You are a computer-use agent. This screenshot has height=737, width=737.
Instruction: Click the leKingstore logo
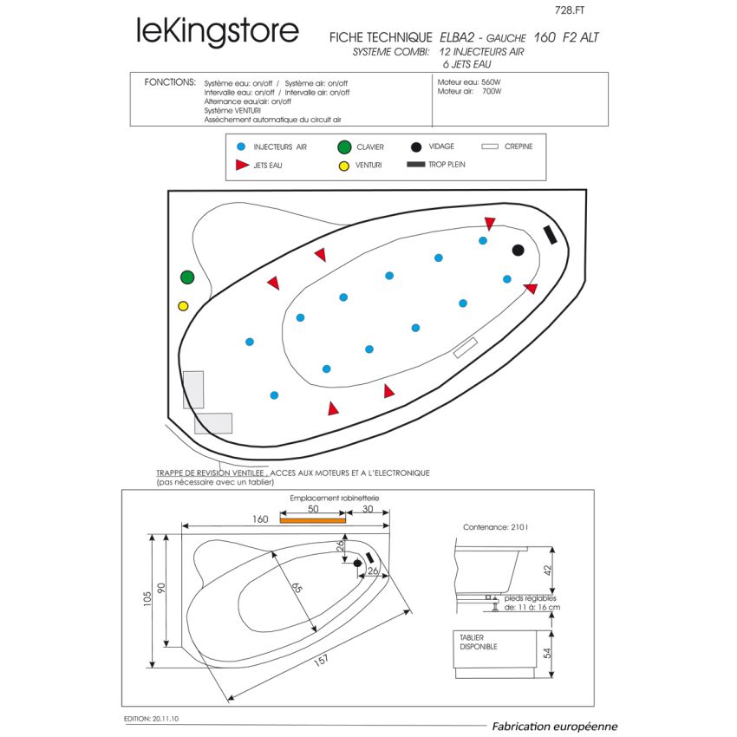coord(217,31)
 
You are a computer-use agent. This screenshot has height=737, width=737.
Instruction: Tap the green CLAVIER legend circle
coord(344,147)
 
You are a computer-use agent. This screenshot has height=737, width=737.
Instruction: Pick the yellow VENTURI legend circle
coord(344,165)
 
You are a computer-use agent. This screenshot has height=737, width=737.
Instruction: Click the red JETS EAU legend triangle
coord(241,164)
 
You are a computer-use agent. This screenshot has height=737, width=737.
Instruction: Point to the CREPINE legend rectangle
coord(490,147)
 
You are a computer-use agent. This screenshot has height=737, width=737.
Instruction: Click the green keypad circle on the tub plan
coord(187,277)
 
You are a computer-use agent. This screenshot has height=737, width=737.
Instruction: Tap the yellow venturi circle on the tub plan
coord(183,306)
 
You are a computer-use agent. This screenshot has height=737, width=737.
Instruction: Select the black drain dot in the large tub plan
coord(518,251)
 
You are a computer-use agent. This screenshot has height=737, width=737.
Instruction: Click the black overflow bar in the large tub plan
coord(550,234)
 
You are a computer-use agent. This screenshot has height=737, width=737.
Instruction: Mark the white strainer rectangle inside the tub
coord(466,348)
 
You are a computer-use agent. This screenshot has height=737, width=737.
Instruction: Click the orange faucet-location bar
coord(312,520)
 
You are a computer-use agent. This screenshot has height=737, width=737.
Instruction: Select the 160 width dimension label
coord(260,519)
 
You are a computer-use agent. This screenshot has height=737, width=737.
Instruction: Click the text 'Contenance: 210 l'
coord(496,526)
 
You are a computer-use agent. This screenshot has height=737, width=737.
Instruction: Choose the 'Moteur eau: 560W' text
coord(469,82)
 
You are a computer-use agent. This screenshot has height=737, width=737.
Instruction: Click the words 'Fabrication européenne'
coord(554,727)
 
